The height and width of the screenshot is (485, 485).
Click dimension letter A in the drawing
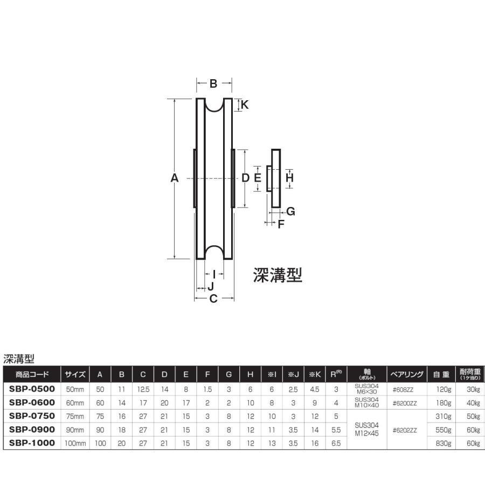point(174,178)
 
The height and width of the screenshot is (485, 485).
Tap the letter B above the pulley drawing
point(213,84)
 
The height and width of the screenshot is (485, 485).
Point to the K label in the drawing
point(244,106)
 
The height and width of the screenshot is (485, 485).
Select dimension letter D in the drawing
point(245,178)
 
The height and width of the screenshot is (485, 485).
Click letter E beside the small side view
point(258,178)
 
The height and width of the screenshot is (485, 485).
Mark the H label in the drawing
point(289,177)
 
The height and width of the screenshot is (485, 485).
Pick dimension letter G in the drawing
point(290,212)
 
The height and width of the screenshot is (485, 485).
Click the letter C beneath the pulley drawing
point(213,299)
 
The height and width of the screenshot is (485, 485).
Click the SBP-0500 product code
point(32,389)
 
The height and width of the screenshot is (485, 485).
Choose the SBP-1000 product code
point(32,442)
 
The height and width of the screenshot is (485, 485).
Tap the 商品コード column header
point(32,374)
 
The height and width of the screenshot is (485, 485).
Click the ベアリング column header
point(406,374)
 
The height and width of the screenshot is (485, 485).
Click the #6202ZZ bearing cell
point(406,429)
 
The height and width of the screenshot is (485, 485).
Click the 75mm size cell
point(75,415)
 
